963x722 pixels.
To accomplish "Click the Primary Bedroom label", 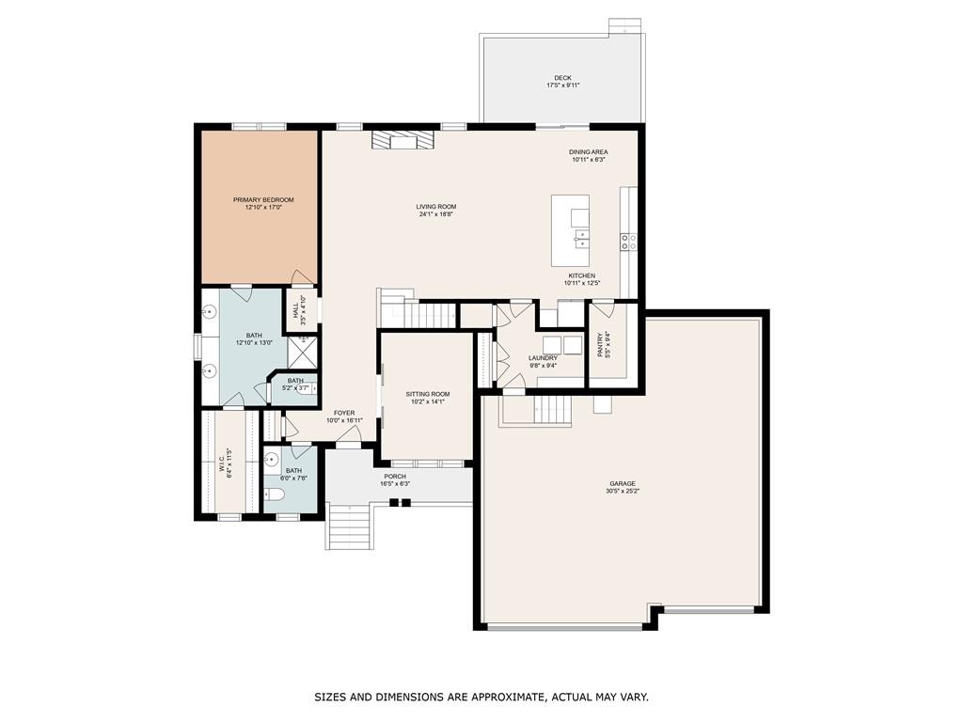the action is tap(263, 200).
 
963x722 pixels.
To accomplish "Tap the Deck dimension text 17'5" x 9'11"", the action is tap(562, 86).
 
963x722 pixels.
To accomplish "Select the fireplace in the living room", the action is tap(403, 140).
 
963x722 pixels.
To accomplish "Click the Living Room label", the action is tap(436, 207).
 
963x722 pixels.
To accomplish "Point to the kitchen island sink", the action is tap(580, 238).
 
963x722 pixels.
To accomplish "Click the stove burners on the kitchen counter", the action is tap(628, 242).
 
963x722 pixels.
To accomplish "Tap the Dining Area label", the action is tap(589, 152).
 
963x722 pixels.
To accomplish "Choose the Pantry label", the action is tap(601, 345).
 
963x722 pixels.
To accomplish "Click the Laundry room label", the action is tap(543, 358).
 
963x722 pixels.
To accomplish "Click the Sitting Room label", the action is tap(428, 394).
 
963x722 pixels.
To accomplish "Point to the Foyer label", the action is tap(344, 414).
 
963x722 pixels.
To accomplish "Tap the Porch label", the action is tap(395, 477).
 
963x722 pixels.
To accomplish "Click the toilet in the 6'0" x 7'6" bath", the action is tap(274, 494).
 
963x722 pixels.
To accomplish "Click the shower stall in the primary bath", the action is tap(303, 351).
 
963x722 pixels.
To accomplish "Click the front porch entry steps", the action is tap(348, 526).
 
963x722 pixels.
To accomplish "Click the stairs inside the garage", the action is tap(552, 410).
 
